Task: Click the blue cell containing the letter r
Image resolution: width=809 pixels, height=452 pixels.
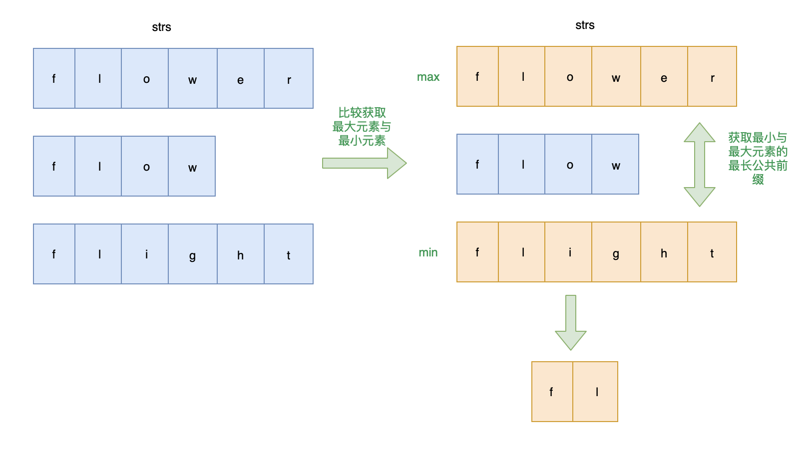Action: [289, 78]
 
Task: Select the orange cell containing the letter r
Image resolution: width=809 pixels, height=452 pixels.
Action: [712, 76]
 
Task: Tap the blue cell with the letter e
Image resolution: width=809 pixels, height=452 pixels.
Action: [241, 78]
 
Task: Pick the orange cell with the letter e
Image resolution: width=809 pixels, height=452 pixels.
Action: [664, 76]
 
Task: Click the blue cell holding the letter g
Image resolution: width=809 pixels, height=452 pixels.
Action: [193, 254]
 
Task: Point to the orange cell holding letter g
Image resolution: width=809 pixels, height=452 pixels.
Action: [616, 252]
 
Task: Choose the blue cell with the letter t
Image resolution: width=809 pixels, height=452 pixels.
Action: [289, 254]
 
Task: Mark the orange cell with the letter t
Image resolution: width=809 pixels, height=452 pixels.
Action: [712, 252]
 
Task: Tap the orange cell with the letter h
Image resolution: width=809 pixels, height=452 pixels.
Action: [664, 252]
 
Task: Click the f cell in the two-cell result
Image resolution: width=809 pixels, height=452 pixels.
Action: [552, 392]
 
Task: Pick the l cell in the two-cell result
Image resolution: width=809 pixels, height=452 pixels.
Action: [595, 392]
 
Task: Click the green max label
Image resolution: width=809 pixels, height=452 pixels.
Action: [428, 77]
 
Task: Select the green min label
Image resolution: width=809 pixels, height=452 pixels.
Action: [428, 252]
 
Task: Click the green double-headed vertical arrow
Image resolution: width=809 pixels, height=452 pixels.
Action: [699, 165]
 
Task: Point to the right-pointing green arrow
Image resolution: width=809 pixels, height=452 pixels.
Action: [364, 163]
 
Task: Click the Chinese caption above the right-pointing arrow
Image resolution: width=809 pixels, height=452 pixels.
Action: [362, 127]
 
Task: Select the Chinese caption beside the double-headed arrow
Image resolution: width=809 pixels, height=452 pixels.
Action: [758, 158]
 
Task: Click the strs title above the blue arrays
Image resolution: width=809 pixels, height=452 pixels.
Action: [161, 27]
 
